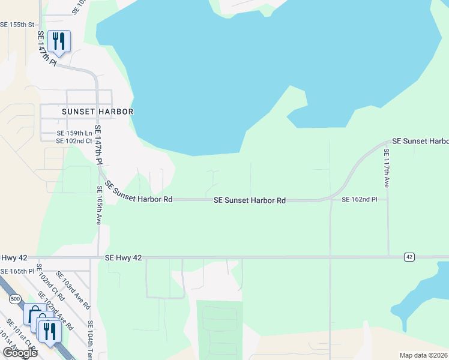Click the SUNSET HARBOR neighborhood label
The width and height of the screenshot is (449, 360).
click(97, 112)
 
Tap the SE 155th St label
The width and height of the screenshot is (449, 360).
click(18, 25)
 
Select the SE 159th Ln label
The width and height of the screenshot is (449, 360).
click(74, 133)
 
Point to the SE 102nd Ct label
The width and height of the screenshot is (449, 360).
click(74, 141)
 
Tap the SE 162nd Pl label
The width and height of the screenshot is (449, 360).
click(360, 199)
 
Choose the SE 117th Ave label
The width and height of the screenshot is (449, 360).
click(387, 169)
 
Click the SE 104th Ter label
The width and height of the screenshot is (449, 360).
click(91, 340)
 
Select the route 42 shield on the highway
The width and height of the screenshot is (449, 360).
click(409, 257)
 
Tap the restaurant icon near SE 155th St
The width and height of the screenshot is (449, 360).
click(59, 40)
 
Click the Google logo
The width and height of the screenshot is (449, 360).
click(19, 353)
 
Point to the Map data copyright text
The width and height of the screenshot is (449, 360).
click(423, 355)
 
